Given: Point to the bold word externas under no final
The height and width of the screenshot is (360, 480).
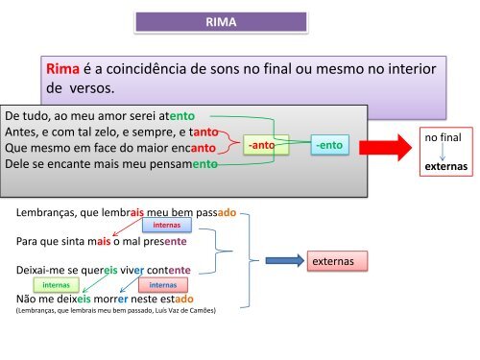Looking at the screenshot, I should pyautogui.click(x=446, y=165).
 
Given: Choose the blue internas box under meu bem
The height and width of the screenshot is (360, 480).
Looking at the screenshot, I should pyautogui.click(x=168, y=227).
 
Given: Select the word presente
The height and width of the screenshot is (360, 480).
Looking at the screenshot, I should pyautogui.click(x=166, y=241).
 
